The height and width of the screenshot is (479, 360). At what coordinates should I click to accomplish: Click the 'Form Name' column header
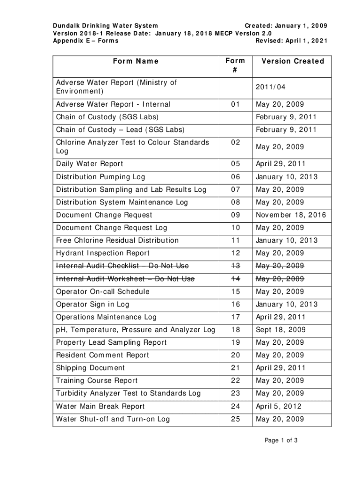pyautogui.click(x=136, y=61)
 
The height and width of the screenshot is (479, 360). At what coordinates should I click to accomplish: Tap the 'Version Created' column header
pyautogui.click(x=293, y=61)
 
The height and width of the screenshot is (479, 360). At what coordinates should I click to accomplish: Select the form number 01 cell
pyautogui.click(x=235, y=104)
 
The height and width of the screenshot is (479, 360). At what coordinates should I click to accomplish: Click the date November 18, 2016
pyautogui.click(x=291, y=215)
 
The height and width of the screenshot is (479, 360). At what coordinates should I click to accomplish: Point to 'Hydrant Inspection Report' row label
pyautogui.click(x=103, y=253)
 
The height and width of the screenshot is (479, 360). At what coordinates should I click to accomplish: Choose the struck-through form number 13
pyautogui.click(x=235, y=266)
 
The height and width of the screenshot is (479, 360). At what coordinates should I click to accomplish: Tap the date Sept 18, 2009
pyautogui.click(x=280, y=330)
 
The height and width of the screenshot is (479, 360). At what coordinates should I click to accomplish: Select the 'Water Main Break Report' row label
pyautogui.click(x=101, y=406)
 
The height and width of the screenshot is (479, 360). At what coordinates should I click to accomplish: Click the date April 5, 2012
pyautogui.click(x=278, y=406)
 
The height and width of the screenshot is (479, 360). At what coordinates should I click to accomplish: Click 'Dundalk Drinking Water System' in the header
pyautogui.click(x=105, y=25)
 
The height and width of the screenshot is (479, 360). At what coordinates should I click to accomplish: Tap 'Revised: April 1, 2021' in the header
pyautogui.click(x=291, y=41)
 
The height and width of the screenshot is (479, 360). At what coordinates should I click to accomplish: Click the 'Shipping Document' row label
pyautogui.click(x=91, y=368)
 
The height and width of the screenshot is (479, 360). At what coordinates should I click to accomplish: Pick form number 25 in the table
pyautogui.click(x=235, y=419)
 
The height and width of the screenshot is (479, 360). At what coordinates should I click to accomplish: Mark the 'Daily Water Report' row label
pyautogui.click(x=90, y=164)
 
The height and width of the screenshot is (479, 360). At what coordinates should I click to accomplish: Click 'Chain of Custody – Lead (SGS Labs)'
pyautogui.click(x=121, y=130)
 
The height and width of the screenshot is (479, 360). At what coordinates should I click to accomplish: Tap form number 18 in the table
pyautogui.click(x=235, y=330)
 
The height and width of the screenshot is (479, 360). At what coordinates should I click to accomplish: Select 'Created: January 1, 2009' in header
pyautogui.click(x=286, y=25)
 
